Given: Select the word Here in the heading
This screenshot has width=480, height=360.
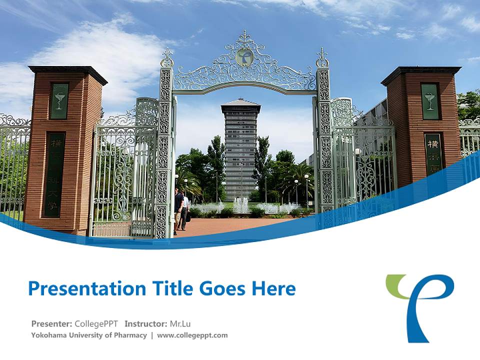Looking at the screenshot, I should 274,289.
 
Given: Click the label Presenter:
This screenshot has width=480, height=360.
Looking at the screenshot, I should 51,323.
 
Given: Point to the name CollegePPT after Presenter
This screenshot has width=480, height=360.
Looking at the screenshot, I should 96,323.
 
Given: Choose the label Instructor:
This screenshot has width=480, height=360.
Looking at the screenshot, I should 146,323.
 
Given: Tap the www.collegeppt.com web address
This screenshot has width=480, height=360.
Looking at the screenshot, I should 192,335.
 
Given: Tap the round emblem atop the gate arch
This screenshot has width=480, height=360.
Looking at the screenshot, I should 244,56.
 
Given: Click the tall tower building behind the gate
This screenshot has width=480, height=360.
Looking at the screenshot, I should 240,150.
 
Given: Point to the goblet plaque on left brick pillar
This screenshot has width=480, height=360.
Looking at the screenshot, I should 59,101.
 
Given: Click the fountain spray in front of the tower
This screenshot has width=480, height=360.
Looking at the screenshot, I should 241,205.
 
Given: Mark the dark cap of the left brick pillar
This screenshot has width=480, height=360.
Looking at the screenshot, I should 67,73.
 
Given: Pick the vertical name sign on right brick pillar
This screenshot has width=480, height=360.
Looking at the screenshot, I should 434,152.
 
